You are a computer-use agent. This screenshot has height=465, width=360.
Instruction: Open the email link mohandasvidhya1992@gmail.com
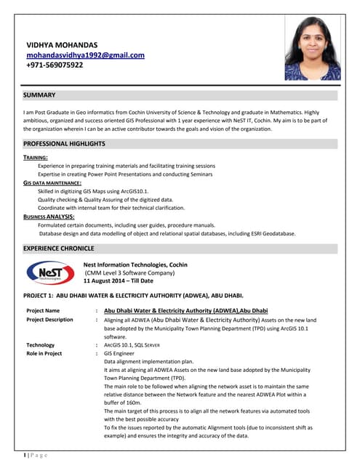click(85, 54)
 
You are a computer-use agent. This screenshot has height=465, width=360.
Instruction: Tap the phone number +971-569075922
click(55, 65)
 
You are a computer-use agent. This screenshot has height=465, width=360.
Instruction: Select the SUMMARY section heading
click(39, 95)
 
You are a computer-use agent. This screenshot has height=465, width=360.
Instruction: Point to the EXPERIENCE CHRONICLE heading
click(59, 248)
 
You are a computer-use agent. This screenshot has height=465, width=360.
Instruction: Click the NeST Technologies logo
click(49, 272)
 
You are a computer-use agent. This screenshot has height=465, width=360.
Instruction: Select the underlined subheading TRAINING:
click(36, 157)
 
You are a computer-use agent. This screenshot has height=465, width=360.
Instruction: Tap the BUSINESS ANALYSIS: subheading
click(49, 217)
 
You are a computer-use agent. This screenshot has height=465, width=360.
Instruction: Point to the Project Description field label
click(49, 320)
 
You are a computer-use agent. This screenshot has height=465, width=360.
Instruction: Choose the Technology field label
click(40, 345)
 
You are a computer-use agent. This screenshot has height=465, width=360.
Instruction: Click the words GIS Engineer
click(121, 354)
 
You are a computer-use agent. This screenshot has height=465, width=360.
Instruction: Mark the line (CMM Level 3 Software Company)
click(129, 272)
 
